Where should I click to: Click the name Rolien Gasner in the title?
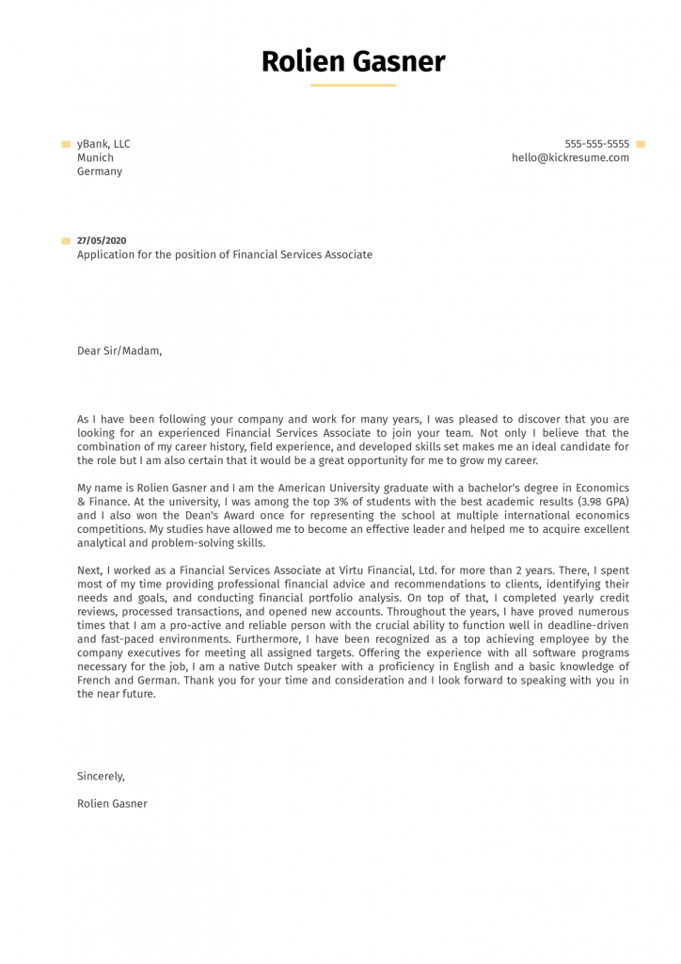coord(353,62)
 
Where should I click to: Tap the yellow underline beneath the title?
coord(353,86)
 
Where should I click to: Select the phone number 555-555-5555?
coord(596,144)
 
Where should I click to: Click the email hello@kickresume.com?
coord(570,158)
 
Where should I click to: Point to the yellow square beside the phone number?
coord(641,144)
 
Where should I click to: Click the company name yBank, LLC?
coord(103,144)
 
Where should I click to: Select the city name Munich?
coord(95,158)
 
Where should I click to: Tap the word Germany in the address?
coord(100,172)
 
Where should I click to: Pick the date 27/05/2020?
coord(102,241)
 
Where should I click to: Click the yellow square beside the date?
coord(66,241)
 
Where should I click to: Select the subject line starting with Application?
coord(224,255)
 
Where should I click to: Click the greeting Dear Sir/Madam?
coord(119,351)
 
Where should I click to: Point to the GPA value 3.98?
coord(578,502)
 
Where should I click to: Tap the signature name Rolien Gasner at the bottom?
coord(112,804)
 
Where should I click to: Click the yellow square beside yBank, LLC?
coord(66,144)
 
